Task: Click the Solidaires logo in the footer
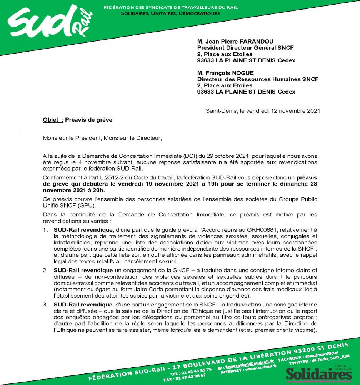tap(318, 373)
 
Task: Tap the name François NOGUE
tap(230, 73)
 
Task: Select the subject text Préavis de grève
tap(89, 120)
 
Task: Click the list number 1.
tap(45, 230)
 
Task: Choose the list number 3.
tap(45, 304)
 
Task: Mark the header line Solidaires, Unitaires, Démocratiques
tap(170, 13)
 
